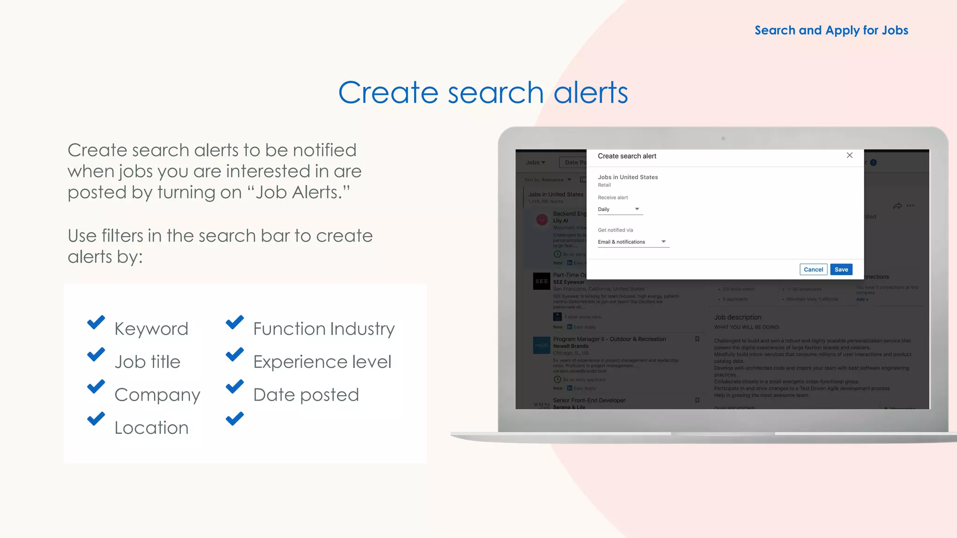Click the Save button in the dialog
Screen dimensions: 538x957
(841, 269)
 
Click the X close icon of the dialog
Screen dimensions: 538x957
(850, 156)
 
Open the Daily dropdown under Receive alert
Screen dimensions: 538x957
(620, 209)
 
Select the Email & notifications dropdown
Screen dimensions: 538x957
(633, 242)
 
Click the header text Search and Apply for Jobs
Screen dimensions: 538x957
(831, 30)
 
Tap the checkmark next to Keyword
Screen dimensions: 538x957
(96, 322)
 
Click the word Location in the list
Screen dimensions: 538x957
(151, 428)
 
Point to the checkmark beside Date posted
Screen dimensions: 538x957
(235, 387)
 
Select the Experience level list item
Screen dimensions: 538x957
(322, 362)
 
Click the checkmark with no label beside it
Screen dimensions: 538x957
(235, 418)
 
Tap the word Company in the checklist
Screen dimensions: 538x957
(157, 395)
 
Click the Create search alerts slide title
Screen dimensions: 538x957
(483, 92)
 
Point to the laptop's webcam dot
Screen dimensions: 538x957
(723, 138)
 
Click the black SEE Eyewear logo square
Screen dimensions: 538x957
(542, 281)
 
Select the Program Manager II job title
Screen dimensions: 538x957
(609, 339)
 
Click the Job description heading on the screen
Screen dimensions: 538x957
(737, 317)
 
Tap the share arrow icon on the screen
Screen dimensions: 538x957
(897, 206)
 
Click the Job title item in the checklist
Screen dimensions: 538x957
(147, 362)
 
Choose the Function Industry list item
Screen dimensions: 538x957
(324, 329)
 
